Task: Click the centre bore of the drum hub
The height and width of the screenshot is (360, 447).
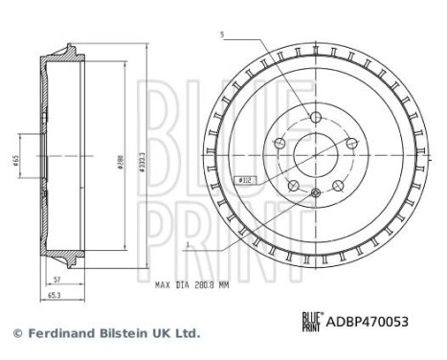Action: click(315, 153)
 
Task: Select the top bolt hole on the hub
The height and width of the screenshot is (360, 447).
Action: click(315, 117)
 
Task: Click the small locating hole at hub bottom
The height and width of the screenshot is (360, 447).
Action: click(315, 195)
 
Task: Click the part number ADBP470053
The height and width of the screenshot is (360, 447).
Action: click(369, 323)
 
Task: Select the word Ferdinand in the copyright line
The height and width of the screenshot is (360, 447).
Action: click(53, 333)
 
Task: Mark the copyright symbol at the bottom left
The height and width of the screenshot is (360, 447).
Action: click(14, 333)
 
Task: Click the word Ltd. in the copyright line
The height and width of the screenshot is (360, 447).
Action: click(187, 333)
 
